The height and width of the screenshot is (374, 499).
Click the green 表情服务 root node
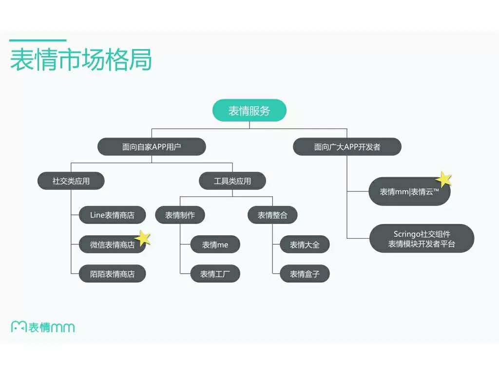tap(249, 111)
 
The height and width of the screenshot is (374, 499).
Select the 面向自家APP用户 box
tap(152, 147)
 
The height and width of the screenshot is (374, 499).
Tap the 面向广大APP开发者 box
tap(347, 147)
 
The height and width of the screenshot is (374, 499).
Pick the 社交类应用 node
tap(71, 181)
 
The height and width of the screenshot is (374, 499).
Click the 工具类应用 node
tap(232, 181)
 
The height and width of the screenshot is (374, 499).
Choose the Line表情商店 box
tap(112, 215)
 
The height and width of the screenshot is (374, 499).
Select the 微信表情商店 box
tap(112, 244)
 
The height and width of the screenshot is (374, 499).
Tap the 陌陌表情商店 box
tap(112, 274)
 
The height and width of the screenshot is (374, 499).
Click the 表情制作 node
tap(180, 215)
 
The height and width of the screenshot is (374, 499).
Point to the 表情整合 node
tap(272, 215)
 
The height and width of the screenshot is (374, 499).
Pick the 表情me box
tap(215, 244)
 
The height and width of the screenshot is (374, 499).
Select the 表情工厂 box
tap(215, 274)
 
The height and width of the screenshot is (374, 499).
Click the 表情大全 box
tap(305, 244)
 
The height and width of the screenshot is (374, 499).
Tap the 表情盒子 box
tap(305, 274)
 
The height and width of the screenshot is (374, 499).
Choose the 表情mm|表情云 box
tap(409, 192)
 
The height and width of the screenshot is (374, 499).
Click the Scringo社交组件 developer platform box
tap(422, 239)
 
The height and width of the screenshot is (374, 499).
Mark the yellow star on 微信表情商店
tap(143, 238)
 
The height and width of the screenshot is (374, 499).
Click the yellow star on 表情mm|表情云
tap(443, 179)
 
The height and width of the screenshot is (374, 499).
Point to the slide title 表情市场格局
tap(81, 59)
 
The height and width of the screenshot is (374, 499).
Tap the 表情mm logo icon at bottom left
tap(19, 327)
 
